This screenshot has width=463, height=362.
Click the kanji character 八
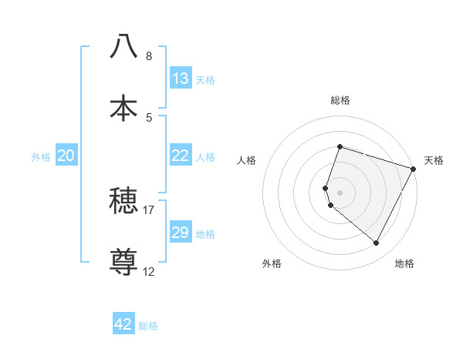point(123,46)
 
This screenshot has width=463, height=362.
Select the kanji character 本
point(123,108)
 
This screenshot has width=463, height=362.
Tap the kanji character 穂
point(123,203)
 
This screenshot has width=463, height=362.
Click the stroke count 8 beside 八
point(149,56)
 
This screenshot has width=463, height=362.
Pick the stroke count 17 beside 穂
point(149,209)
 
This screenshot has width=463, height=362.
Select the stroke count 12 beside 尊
point(149,271)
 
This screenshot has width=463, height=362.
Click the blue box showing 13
point(181,79)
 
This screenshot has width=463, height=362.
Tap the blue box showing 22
point(181,156)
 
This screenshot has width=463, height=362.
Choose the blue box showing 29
point(181,233)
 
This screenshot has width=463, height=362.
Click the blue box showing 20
point(66,156)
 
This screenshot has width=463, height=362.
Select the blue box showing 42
point(123,324)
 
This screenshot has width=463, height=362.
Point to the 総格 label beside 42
point(148,326)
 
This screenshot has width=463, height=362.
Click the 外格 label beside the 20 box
point(41,157)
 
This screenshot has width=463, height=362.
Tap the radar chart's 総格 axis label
point(340,100)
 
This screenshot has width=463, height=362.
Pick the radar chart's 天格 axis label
point(434,160)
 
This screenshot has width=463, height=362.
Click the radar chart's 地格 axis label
point(404,263)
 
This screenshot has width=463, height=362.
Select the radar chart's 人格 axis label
point(247,160)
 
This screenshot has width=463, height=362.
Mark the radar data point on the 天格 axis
point(414,169)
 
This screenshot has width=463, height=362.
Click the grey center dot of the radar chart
point(340,192)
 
